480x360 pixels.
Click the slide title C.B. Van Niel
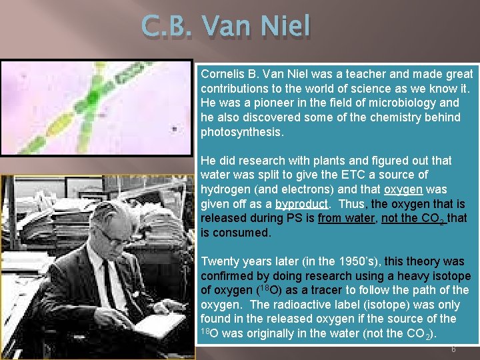(x=226, y=27)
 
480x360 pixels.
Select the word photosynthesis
(x=241, y=131)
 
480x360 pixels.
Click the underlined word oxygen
(x=403, y=189)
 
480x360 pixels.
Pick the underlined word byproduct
(x=301, y=203)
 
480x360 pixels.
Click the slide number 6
(x=453, y=349)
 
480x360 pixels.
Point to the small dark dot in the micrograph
(x=175, y=129)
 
